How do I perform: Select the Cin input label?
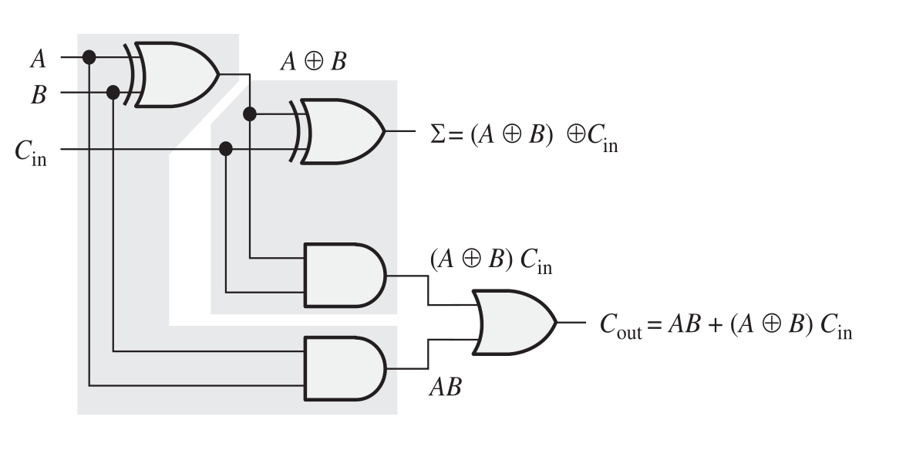point(29,151)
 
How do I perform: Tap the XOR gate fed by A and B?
point(177,74)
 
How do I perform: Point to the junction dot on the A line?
point(89,57)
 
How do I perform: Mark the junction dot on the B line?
point(113,93)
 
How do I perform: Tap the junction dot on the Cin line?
point(226,148)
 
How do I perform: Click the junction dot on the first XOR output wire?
point(249,114)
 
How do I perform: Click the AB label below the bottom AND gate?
point(445,388)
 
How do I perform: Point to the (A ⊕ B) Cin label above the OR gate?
point(490,262)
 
